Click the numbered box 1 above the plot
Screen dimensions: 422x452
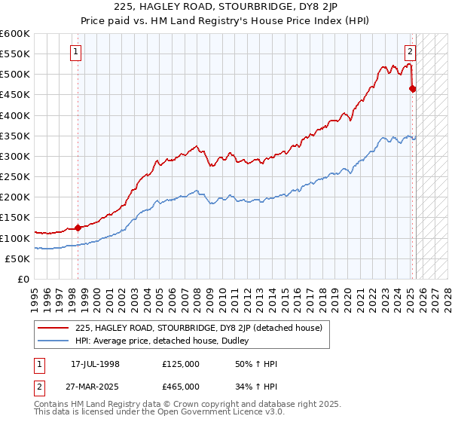(77, 52)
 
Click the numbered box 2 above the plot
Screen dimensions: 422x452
(410, 52)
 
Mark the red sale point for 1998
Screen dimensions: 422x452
(78, 228)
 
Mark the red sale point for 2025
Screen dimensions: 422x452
(412, 89)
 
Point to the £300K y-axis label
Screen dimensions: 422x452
(15, 156)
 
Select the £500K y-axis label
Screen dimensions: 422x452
(15, 75)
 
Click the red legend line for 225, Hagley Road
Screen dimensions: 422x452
(53, 328)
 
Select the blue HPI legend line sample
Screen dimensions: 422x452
(53, 341)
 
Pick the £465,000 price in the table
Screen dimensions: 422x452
(181, 387)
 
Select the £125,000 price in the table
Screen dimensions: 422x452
(181, 364)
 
